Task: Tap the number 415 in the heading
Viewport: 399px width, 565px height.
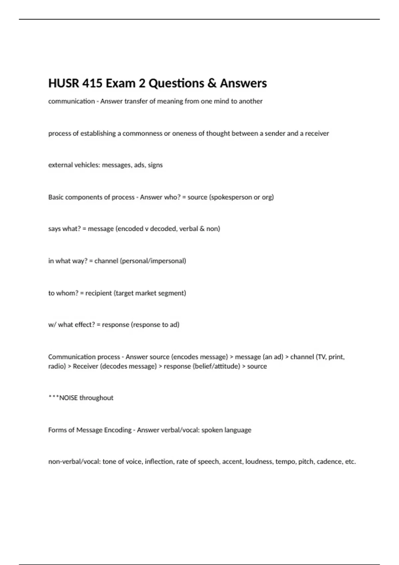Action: (92, 83)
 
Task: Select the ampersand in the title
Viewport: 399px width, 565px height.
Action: (211, 83)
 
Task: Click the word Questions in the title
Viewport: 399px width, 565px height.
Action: (176, 83)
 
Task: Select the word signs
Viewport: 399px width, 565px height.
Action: (155, 165)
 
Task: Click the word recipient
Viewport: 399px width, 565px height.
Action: (98, 293)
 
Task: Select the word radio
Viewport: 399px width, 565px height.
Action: (57, 366)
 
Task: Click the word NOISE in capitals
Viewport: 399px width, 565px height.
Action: (68, 398)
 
